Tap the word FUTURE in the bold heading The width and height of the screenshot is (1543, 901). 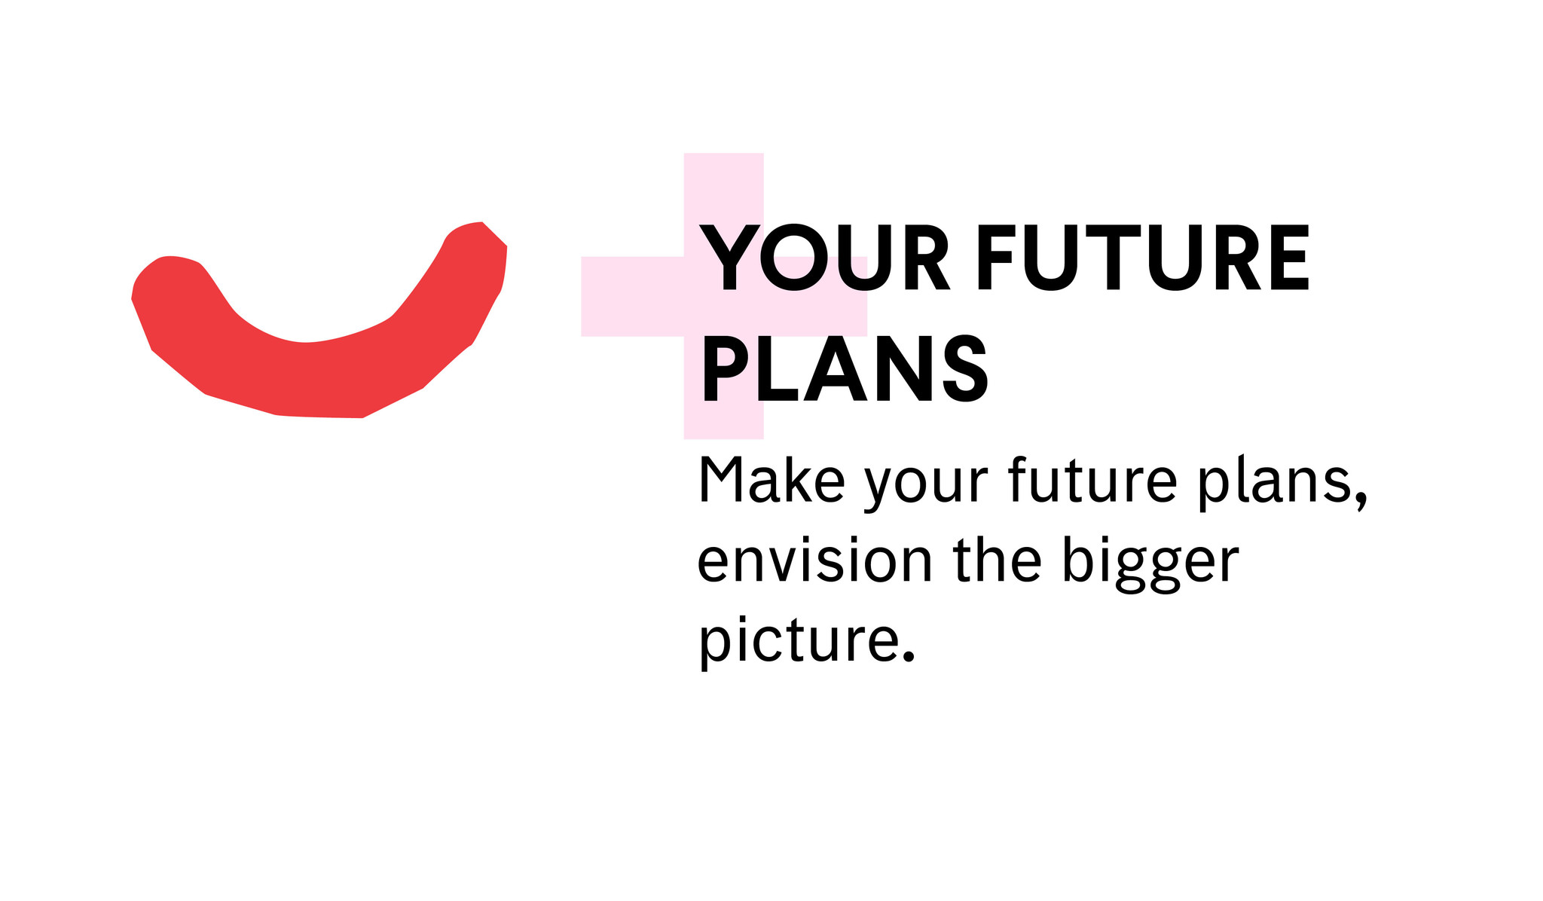click(x=1144, y=258)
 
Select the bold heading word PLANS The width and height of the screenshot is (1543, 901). click(x=845, y=370)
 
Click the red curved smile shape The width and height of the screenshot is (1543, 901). click(x=316, y=377)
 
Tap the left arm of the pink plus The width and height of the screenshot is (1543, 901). click(x=632, y=296)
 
